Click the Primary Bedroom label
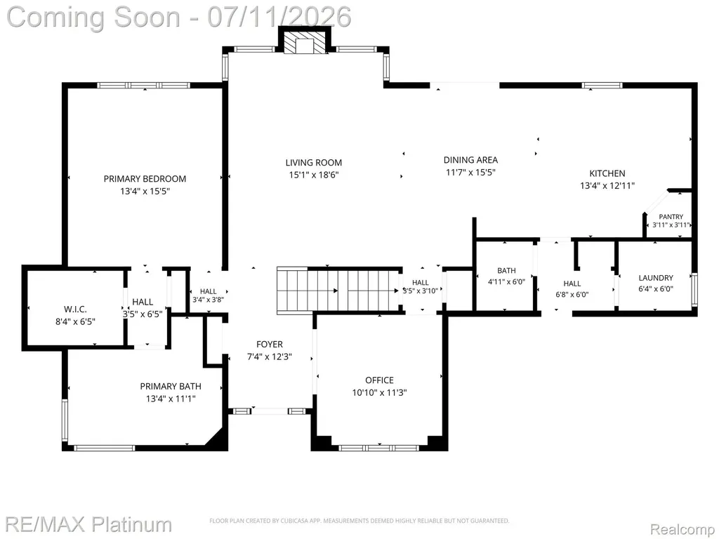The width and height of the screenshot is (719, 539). click(145, 179)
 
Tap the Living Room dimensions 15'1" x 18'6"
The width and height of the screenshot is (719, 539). click(314, 175)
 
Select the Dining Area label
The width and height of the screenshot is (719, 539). click(470, 160)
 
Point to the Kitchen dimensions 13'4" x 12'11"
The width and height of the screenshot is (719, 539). click(607, 185)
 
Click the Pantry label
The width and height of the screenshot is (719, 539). click(671, 217)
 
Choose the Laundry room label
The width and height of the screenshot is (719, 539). click(656, 278)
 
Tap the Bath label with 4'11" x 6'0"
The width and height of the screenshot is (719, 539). click(506, 271)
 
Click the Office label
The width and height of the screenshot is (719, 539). click(379, 380)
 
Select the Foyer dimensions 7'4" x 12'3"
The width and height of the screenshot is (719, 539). click(270, 357)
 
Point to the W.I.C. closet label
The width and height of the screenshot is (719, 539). click(75, 310)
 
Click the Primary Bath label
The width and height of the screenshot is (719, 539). click(171, 387)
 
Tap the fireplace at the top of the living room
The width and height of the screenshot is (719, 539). click(304, 40)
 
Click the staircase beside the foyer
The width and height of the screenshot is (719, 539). click(339, 291)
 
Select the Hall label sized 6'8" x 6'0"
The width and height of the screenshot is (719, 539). click(572, 284)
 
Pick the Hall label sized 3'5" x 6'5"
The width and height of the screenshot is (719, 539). click(143, 302)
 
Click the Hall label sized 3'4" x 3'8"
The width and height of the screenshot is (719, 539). click(208, 291)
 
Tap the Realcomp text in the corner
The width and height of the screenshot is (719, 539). click(682, 529)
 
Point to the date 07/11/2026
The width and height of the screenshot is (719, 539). click(279, 17)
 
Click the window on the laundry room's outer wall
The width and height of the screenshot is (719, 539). click(694, 290)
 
